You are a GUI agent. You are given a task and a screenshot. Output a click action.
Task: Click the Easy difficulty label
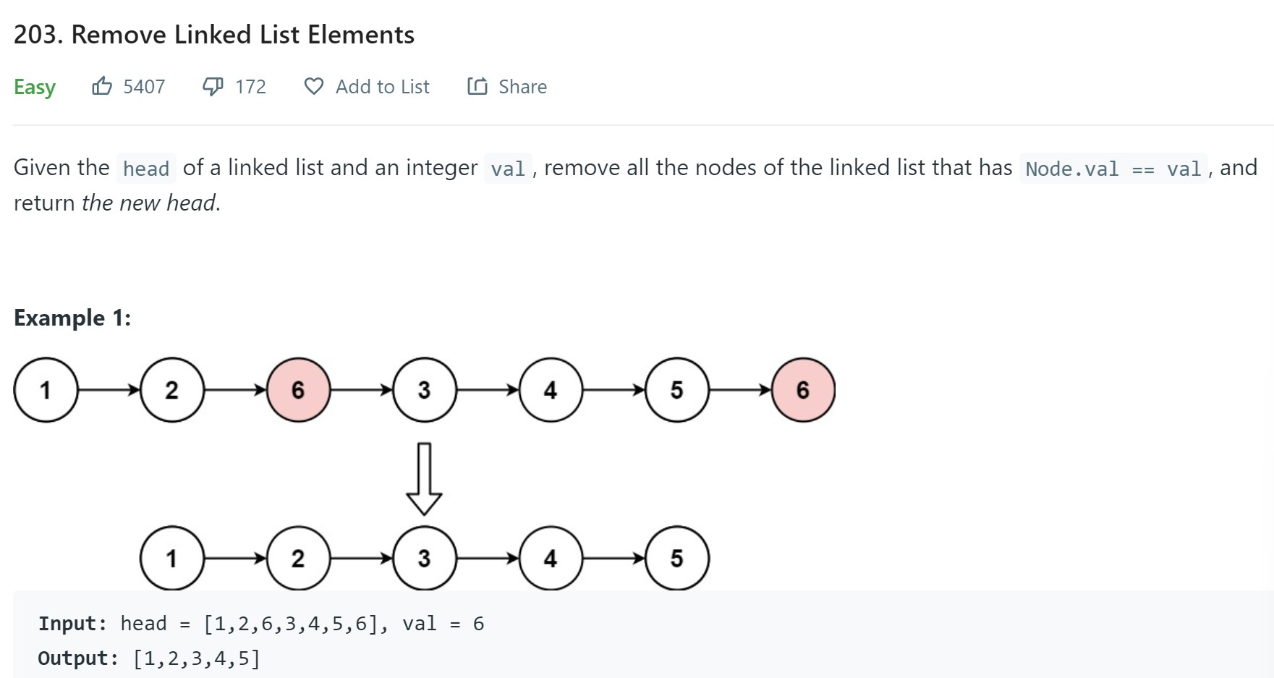pyautogui.click(x=35, y=87)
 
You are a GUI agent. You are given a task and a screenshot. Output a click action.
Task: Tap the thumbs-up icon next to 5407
pyautogui.click(x=102, y=87)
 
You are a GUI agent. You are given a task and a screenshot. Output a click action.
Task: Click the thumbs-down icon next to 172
pyautogui.click(x=213, y=87)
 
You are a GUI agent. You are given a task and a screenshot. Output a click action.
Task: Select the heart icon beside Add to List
pyautogui.click(x=313, y=87)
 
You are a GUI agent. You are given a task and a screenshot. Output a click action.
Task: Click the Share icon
pyautogui.click(x=477, y=87)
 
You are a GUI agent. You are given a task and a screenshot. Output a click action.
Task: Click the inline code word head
pyautogui.click(x=145, y=169)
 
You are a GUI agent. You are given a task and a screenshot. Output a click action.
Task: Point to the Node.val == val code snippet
pyautogui.click(x=1113, y=169)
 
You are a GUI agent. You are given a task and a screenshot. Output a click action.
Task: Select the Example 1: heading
pyautogui.click(x=72, y=318)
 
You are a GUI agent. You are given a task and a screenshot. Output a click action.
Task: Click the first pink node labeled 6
pyautogui.click(x=298, y=390)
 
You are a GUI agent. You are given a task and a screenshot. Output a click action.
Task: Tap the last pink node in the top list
pyautogui.click(x=803, y=390)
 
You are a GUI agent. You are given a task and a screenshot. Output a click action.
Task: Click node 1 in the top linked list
pyautogui.click(x=46, y=390)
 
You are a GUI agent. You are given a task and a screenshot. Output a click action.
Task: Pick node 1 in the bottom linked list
pyautogui.click(x=171, y=558)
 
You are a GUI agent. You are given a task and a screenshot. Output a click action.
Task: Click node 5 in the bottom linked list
pyautogui.click(x=676, y=558)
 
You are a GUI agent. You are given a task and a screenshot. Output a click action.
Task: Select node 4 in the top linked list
pyautogui.click(x=550, y=390)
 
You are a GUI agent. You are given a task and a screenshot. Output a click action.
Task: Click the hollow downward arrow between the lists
pyautogui.click(x=425, y=478)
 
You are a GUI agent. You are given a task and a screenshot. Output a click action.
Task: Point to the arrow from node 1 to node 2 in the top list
pyautogui.click(x=109, y=390)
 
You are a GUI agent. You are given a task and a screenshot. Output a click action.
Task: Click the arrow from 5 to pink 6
pyautogui.click(x=740, y=390)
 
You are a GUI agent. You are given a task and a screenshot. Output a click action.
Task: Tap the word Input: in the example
pyautogui.click(x=72, y=624)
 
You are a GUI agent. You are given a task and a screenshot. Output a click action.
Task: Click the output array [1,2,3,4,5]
pyautogui.click(x=196, y=658)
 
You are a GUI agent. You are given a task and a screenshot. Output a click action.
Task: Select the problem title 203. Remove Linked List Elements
pyautogui.click(x=214, y=35)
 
